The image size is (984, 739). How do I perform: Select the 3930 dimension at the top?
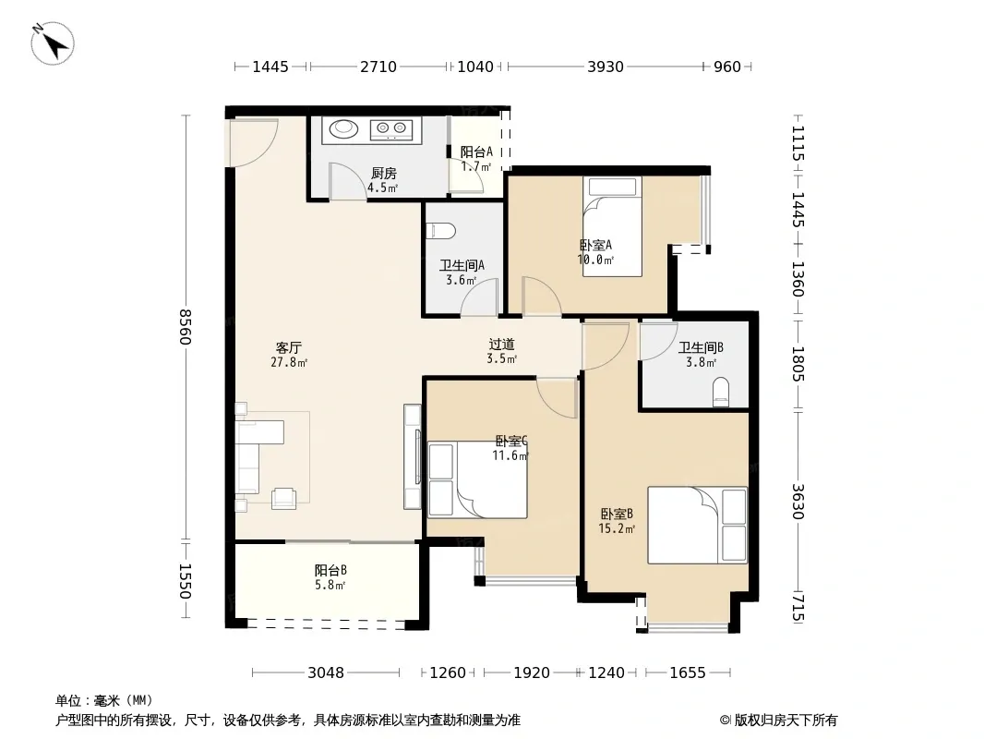[x=606, y=67]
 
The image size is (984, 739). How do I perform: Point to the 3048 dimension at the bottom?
[x=326, y=673]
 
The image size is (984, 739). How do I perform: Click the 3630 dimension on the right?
[x=798, y=501]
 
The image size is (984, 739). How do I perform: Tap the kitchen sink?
[x=343, y=128]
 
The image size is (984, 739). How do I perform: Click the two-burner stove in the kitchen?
[x=391, y=129]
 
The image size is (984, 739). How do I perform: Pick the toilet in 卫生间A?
[x=439, y=231]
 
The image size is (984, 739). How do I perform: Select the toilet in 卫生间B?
[x=721, y=392]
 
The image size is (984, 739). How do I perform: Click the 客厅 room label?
[x=289, y=347]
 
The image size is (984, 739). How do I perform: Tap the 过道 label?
[x=501, y=344]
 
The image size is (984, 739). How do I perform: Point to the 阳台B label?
[x=330, y=570]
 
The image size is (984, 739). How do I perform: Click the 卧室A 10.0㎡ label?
[x=594, y=252]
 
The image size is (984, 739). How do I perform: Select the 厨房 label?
[x=383, y=174]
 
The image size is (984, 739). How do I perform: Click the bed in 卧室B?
[x=697, y=525]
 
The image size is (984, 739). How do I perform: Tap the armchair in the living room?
[x=283, y=498]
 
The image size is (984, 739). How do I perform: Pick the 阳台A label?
[x=476, y=151]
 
